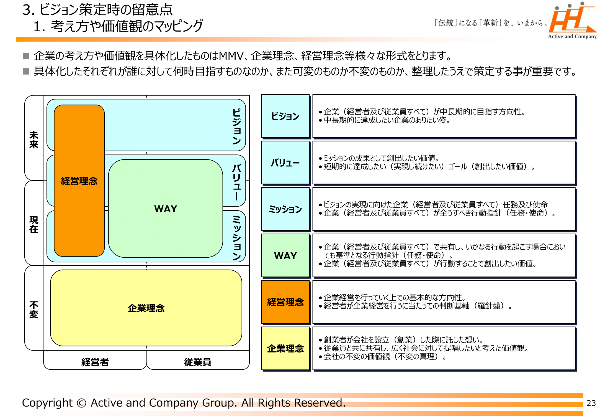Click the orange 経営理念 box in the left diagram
(x=79, y=181)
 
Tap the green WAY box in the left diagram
(x=166, y=209)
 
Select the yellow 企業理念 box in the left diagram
(x=146, y=308)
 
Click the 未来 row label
(x=34, y=139)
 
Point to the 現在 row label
(x=34, y=224)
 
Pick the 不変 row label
(x=34, y=310)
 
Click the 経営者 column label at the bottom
(x=95, y=362)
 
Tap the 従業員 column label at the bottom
(x=198, y=362)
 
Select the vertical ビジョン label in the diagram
(x=237, y=126)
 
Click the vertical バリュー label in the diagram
(x=237, y=182)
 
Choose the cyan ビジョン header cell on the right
(x=285, y=116)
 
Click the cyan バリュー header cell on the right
(x=285, y=163)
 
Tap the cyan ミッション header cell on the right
(x=285, y=209)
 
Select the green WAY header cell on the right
(x=285, y=256)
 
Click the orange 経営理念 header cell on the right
(x=285, y=302)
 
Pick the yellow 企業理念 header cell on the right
(x=285, y=348)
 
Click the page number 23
(x=591, y=403)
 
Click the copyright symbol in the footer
(x=81, y=403)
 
